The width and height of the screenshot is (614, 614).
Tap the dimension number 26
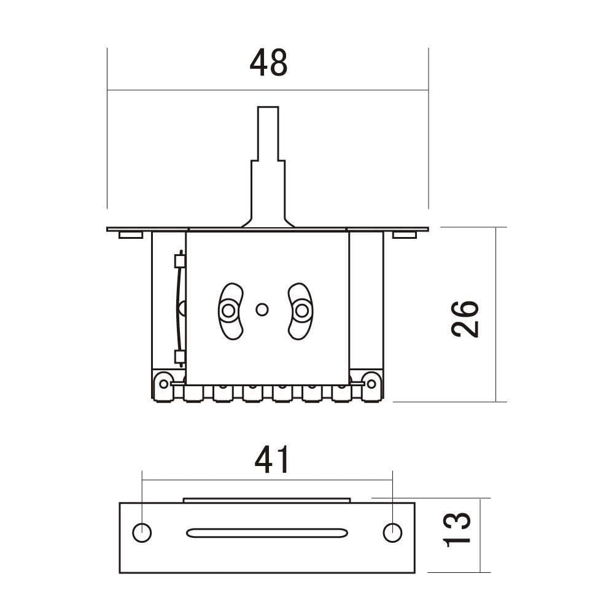point(465,319)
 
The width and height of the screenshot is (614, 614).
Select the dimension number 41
point(272,460)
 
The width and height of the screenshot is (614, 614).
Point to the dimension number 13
point(457,529)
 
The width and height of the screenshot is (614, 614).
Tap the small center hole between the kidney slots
point(262,310)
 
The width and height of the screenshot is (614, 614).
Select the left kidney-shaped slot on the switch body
point(230,311)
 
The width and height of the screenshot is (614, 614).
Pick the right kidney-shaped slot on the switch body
point(300,311)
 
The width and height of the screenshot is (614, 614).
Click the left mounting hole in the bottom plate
point(142,532)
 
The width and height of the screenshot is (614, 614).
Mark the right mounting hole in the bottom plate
point(392,532)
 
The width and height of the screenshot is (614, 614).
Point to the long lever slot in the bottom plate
point(267,532)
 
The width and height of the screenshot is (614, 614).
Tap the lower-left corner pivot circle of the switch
point(163,384)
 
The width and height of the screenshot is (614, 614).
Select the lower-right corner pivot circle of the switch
point(371,384)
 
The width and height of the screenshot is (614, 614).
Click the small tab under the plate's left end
point(131,235)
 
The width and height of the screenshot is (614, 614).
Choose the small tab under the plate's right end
point(404,235)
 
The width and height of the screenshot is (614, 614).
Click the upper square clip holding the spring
point(179,262)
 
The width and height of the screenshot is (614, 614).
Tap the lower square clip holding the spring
point(179,356)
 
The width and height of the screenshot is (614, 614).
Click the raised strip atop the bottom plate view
point(267,500)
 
